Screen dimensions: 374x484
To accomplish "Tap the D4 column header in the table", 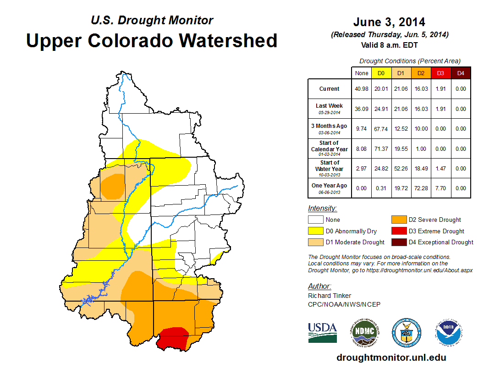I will pos(461,73).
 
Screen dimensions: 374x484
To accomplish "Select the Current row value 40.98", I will pos(362,89).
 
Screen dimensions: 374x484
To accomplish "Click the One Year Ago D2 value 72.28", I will pos(421,188).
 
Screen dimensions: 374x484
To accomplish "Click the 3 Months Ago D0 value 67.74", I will pos(381,129).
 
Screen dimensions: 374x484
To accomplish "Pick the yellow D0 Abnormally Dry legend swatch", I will pos(315,231).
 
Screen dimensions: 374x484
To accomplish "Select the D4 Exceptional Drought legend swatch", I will pos(398,242).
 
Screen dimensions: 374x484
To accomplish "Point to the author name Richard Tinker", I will pos(330,296).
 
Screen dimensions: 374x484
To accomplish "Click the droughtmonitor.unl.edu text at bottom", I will pos(391,357).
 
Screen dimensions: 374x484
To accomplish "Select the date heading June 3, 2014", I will pos(389,22).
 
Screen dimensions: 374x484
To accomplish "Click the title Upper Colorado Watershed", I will pos(152,40).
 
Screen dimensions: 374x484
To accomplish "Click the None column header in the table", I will pos(362,73).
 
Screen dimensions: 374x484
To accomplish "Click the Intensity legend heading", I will pos(322,209).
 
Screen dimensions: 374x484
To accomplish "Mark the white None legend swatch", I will pos(315,220).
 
